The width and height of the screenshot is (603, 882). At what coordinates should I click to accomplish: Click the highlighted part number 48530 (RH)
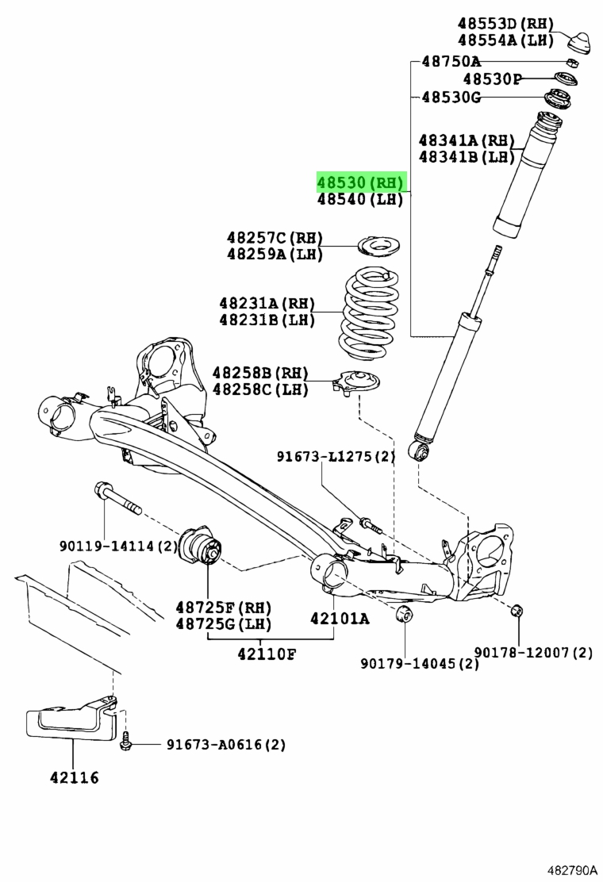[x=361, y=183]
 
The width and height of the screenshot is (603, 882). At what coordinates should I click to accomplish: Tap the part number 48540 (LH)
[x=361, y=201]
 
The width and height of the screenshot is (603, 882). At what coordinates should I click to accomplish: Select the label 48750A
[x=451, y=61]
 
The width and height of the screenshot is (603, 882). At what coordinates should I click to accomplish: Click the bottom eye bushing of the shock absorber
[x=419, y=451]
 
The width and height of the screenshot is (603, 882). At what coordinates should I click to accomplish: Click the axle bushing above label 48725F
[x=203, y=546]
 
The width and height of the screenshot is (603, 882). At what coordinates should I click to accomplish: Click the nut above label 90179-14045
[x=401, y=614]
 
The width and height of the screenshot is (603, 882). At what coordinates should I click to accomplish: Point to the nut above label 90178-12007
[x=517, y=609]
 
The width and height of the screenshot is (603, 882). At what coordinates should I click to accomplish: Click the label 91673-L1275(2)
[x=336, y=456]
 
